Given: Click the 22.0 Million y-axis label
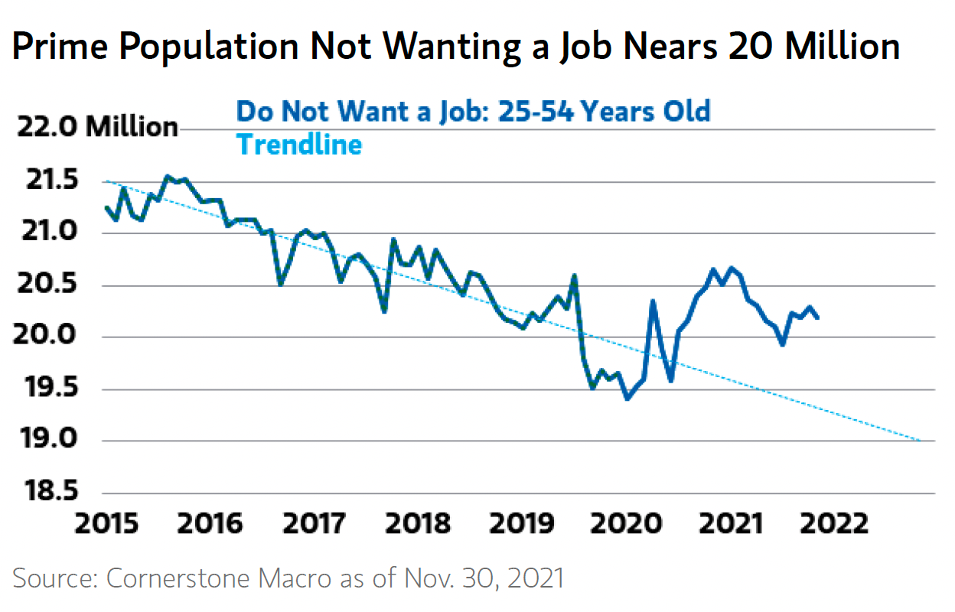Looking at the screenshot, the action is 97,126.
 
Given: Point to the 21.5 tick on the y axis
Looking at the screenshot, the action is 53,180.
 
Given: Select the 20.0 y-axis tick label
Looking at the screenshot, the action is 44,334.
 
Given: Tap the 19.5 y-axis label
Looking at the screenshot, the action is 51,387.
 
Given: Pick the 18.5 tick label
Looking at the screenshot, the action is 51,490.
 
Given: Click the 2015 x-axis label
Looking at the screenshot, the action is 106,523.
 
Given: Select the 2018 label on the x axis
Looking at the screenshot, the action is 418,523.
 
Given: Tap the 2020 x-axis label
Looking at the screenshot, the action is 626,523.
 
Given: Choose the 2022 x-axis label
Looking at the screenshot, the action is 834,523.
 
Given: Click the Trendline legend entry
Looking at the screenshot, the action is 299,145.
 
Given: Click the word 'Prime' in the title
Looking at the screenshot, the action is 60,46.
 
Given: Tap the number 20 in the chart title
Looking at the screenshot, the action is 751,46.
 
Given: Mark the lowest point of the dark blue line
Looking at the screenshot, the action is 627,399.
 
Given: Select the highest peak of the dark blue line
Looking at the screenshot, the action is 168,176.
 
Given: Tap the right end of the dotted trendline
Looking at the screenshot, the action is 921,441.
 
